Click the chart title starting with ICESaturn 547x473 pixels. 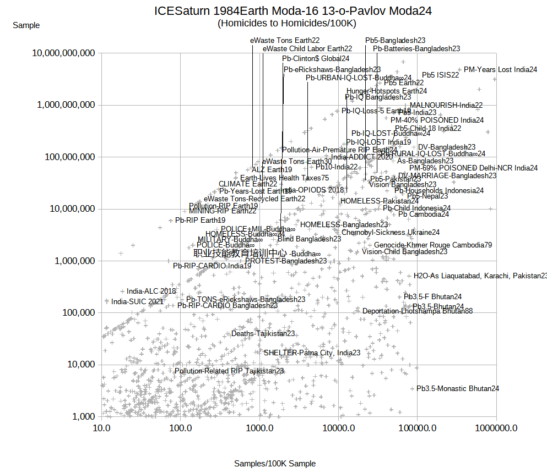(x=293, y=11)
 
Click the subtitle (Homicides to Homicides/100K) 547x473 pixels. (x=287, y=23)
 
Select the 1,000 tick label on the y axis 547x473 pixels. (x=83, y=417)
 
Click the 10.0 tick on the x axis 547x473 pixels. (x=101, y=428)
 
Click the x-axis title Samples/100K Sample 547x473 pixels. (x=275, y=464)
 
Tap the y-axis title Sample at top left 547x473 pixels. (x=26, y=25)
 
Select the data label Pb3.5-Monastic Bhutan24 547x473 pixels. (x=458, y=388)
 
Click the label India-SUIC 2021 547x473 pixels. (x=137, y=301)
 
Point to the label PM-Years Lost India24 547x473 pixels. (x=500, y=69)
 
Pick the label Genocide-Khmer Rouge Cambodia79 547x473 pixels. (x=433, y=245)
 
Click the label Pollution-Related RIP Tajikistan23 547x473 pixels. (x=229, y=371)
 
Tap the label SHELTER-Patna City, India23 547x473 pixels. (x=312, y=353)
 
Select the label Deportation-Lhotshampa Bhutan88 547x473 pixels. (x=417, y=311)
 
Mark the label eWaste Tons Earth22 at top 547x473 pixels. (x=285, y=40)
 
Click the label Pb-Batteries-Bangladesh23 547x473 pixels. (x=416, y=48)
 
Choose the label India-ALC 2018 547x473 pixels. (x=151, y=291)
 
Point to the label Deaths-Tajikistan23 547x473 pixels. (x=263, y=333)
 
